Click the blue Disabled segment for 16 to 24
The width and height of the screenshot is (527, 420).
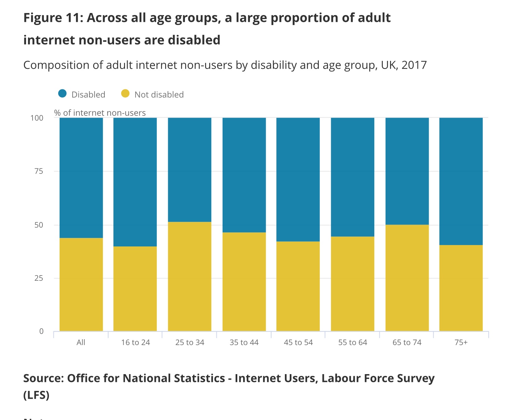click(135, 182)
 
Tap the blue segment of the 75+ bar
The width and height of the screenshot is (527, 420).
click(461, 181)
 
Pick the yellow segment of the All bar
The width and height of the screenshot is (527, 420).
click(81, 284)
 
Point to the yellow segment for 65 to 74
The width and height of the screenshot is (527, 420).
click(407, 278)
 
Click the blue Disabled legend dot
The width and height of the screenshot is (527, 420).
click(62, 93)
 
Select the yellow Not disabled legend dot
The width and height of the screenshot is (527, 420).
click(125, 93)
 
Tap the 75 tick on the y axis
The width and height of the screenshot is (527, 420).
click(39, 171)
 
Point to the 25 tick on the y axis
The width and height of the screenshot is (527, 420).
click(39, 278)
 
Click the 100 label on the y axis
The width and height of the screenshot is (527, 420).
click(37, 118)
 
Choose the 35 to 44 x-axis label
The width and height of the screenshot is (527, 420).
click(244, 343)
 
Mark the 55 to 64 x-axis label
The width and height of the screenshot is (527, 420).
click(352, 343)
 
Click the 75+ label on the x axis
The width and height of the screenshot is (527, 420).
click(461, 343)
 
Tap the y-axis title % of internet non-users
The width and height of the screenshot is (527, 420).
click(100, 113)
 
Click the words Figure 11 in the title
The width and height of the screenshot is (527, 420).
click(51, 18)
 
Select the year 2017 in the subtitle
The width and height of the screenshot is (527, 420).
click(414, 65)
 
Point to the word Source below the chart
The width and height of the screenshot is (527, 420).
click(42, 378)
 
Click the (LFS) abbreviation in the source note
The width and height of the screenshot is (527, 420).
click(36, 395)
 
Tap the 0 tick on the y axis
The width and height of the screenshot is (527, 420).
click(41, 331)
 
